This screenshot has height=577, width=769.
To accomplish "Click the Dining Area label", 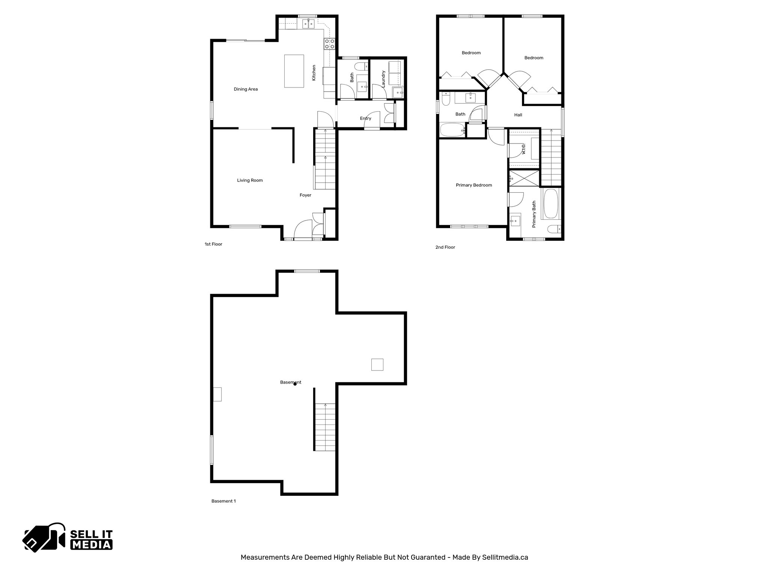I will click(x=246, y=89).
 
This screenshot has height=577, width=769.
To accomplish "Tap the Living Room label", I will click(x=250, y=180).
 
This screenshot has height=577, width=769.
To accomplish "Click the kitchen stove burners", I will click(x=329, y=44).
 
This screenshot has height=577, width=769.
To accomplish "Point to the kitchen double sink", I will click(x=309, y=24).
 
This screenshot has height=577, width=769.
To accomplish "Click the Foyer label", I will click(x=305, y=195).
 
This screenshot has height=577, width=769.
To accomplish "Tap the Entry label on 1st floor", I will click(x=365, y=118).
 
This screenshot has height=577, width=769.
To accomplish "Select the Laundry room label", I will click(x=383, y=79).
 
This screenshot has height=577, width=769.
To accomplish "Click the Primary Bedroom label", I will click(x=474, y=185).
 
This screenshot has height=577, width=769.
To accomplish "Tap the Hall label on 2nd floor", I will click(x=518, y=115).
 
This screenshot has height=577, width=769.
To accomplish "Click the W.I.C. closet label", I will click(x=523, y=149).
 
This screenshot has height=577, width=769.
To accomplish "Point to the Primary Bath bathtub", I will click(x=551, y=204).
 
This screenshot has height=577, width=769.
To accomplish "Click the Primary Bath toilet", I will click(x=554, y=229).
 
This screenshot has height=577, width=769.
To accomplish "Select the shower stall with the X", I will click(x=524, y=178).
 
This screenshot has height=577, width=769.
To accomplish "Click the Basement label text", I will click(x=291, y=382).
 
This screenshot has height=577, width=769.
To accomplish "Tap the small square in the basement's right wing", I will click(x=377, y=365).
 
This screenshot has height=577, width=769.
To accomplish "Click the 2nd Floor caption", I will click(x=445, y=247).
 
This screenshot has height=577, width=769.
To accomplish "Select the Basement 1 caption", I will click(x=223, y=501).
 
